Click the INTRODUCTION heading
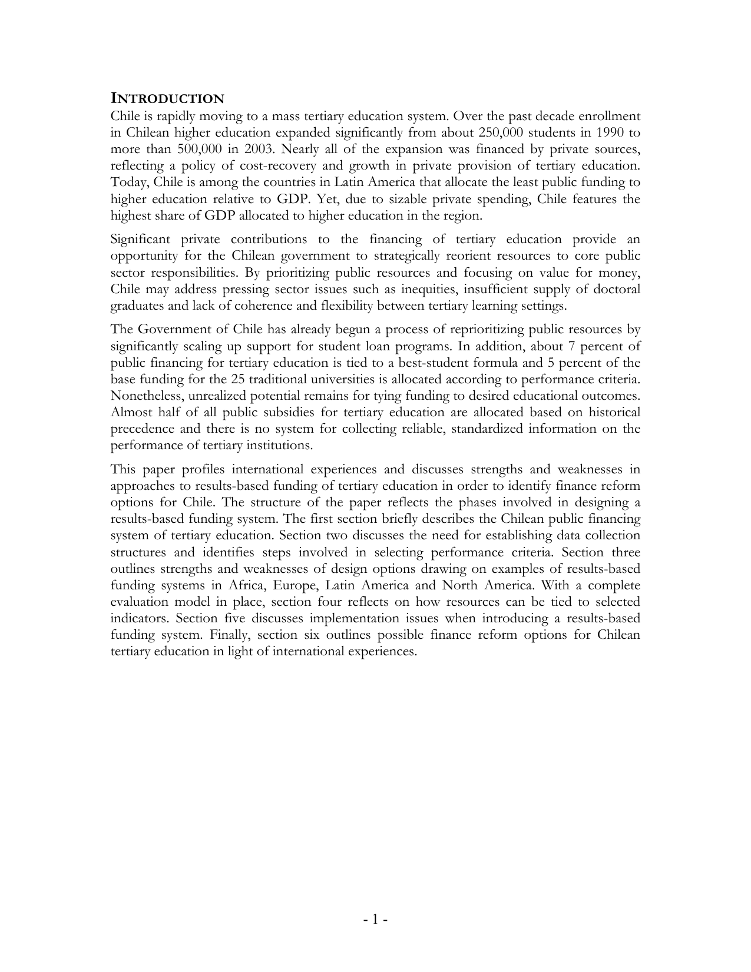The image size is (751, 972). pyautogui.click(x=167, y=98)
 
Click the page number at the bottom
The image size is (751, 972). pyautogui.click(x=375, y=918)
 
